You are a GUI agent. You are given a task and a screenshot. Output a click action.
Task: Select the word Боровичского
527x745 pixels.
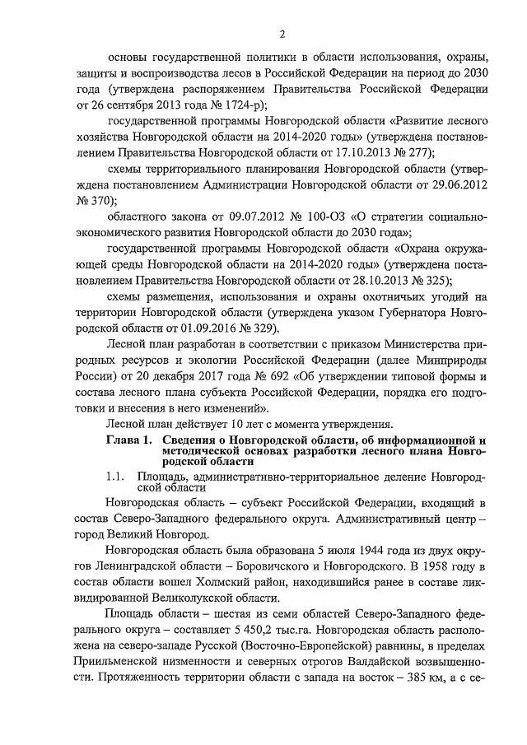280,566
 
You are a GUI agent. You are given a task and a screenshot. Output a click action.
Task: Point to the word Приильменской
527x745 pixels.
145,663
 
